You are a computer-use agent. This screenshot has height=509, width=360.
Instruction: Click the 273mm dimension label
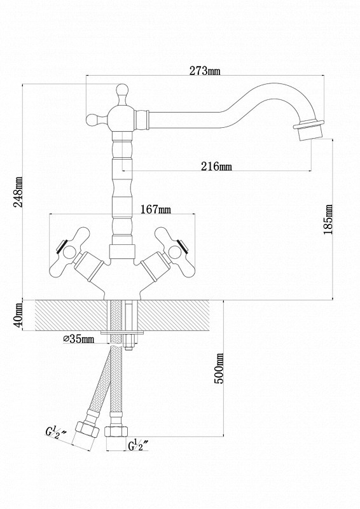(x=205, y=71)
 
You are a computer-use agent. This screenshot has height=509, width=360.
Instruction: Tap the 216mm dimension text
(x=216, y=166)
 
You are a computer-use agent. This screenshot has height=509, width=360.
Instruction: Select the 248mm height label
(x=18, y=192)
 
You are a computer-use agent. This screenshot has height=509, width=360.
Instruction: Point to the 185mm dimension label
(x=328, y=219)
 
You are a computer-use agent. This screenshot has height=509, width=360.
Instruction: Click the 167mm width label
(x=155, y=209)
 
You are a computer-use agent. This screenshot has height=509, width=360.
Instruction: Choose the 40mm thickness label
(x=18, y=315)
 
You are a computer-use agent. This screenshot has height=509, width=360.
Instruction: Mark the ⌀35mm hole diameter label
(x=79, y=339)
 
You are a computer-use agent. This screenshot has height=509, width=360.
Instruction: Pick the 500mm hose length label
(x=220, y=368)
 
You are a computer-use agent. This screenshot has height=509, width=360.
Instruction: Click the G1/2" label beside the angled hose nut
(x=56, y=433)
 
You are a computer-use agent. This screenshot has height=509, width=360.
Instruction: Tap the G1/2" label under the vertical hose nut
(x=138, y=445)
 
